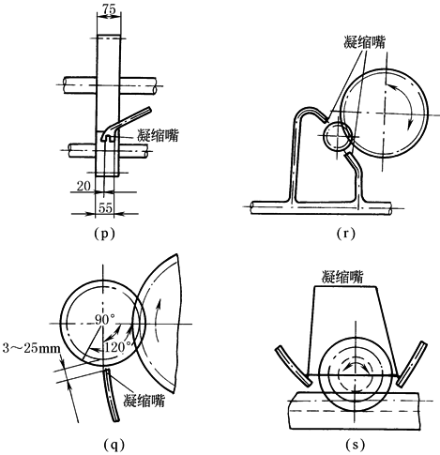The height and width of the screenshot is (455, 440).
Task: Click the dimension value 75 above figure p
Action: (x=109, y=9)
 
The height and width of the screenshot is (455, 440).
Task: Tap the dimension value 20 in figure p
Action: (x=83, y=186)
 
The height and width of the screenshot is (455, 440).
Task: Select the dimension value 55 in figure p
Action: (x=105, y=207)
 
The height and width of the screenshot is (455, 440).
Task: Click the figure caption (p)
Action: (x=104, y=234)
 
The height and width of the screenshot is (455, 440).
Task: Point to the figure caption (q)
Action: (x=114, y=445)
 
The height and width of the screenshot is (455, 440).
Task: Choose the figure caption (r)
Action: (x=346, y=234)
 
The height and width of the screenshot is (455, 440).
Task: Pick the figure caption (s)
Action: (x=356, y=445)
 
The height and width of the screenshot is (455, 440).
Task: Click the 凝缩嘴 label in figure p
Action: (x=158, y=135)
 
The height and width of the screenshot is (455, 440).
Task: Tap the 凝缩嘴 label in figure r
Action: (x=364, y=42)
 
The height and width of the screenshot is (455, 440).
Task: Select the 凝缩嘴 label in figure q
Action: (x=144, y=401)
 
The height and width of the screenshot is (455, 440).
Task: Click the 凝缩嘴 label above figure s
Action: (x=342, y=277)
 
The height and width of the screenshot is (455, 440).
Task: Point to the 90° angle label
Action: (x=105, y=319)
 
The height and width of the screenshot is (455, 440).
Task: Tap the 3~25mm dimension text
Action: (x=31, y=348)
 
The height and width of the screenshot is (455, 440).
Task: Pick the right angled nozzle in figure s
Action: (x=411, y=363)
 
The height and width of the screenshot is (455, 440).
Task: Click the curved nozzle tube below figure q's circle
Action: (x=111, y=395)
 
